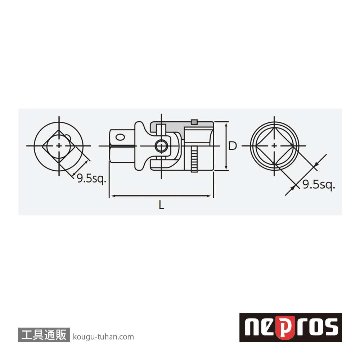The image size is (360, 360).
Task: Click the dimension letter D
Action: coord(234,145)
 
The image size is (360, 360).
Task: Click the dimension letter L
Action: coord(161,205)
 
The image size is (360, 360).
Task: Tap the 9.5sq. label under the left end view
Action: coord(91,179)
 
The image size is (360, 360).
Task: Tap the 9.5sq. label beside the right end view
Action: coord(318,184)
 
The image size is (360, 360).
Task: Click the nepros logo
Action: coord(290,327)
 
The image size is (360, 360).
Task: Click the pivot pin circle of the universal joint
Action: coord(161,146)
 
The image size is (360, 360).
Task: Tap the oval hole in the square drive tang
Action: coord(120,136)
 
